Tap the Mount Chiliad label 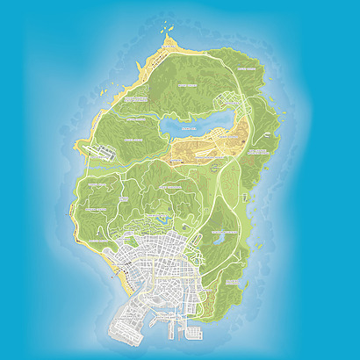[186, 86]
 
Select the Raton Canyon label [133, 139]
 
